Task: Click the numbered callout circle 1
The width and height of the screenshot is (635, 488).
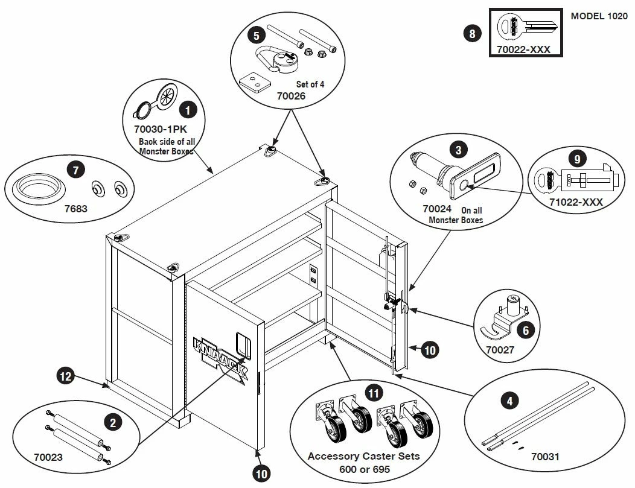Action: click(x=189, y=110)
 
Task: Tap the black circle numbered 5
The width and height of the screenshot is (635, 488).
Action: click(x=257, y=36)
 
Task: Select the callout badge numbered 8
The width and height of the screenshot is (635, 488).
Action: click(x=471, y=33)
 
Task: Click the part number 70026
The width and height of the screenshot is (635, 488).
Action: click(x=292, y=95)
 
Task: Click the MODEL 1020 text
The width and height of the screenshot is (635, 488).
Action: click(x=599, y=16)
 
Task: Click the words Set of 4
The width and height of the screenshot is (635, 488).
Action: click(x=310, y=84)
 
